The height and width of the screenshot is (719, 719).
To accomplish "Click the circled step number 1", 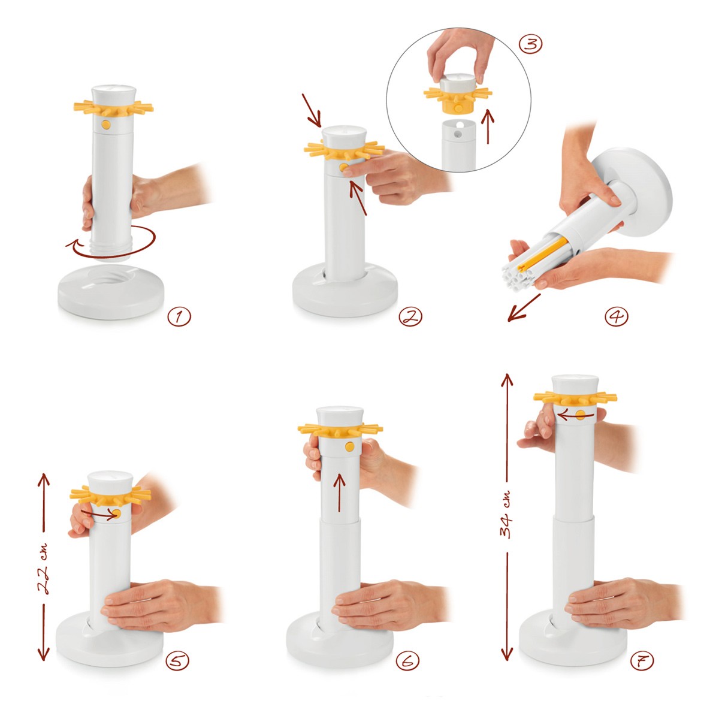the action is pos(179,317).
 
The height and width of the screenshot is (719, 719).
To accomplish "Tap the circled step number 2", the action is pos(410,317).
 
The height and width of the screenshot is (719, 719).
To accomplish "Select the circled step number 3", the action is pos(531,44).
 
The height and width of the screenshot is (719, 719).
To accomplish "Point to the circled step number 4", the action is pos(617,317).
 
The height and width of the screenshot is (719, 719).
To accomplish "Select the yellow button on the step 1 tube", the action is pos(106,125).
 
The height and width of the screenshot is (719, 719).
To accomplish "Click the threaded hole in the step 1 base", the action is pos(111,276).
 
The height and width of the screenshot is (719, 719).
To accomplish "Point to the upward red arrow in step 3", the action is pos(488,126).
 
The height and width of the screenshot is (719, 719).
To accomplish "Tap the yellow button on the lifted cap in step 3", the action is pos(458,108).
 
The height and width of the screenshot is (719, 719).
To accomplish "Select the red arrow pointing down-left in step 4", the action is pos(524,307).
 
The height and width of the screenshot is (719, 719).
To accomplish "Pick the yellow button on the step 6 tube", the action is pos(349,446).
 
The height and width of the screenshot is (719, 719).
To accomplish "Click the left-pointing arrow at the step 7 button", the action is pos(575,414).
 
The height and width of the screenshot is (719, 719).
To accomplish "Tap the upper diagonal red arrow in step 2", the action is pos(311,110).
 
